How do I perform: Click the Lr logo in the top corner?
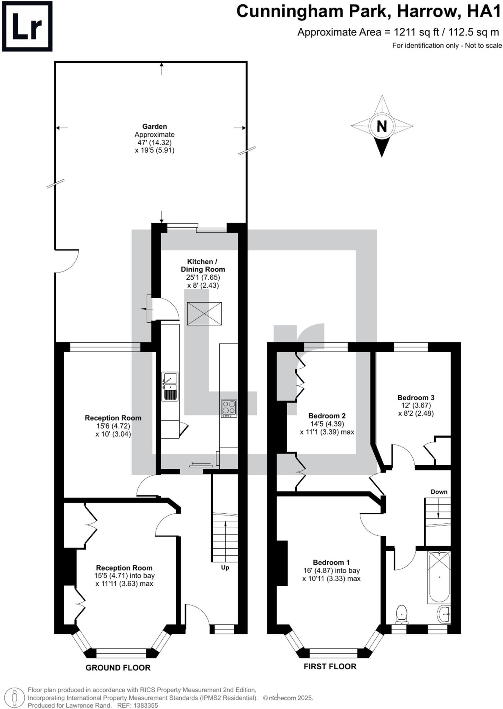tap(27, 26)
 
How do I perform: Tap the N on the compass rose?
tap(382, 126)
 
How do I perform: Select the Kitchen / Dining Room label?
tap(203, 266)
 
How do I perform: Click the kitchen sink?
tap(170, 386)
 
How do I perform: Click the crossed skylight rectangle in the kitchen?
tap(204, 314)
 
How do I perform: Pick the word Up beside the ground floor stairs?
tap(225, 568)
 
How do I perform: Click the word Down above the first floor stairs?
tap(439, 492)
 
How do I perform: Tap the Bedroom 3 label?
tap(415, 398)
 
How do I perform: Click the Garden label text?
tap(154, 127)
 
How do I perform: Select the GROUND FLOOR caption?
tap(118, 668)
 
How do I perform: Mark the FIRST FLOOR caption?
tap(330, 666)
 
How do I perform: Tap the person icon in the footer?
tap(14, 697)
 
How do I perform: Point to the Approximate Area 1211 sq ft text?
tap(398, 32)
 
